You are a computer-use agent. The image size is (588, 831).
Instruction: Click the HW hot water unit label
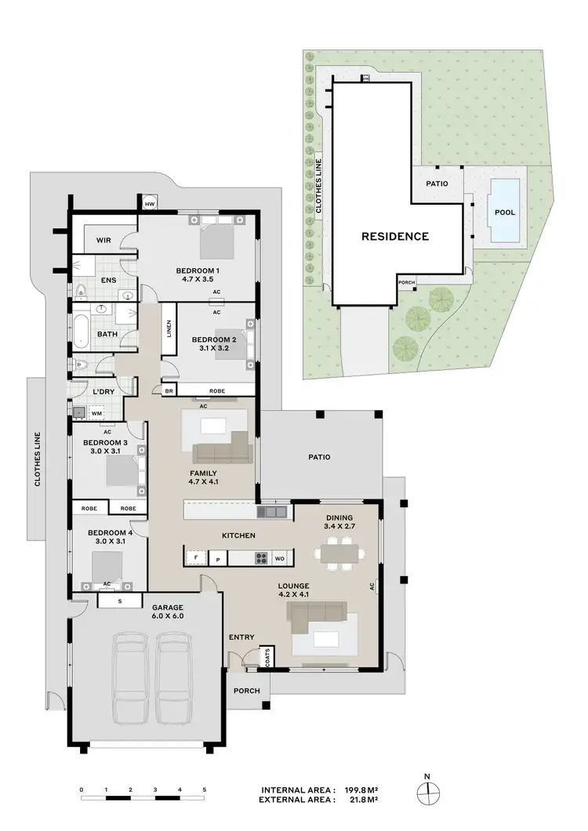pyautogui.click(x=151, y=205)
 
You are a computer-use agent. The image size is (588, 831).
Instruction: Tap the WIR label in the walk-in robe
pyautogui.click(x=106, y=241)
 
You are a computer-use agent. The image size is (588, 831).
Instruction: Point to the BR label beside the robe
pyautogui.click(x=169, y=390)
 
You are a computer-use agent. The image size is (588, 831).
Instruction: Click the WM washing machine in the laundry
pyautogui.click(x=97, y=412)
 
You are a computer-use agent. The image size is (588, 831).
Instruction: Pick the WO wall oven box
pyautogui.click(x=280, y=559)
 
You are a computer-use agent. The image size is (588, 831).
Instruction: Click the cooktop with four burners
pyautogui.click(x=260, y=559)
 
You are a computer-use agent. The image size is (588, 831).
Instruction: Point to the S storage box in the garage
pyautogui.click(x=119, y=601)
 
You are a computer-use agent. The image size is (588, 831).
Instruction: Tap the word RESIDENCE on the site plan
pyautogui.click(x=394, y=236)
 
